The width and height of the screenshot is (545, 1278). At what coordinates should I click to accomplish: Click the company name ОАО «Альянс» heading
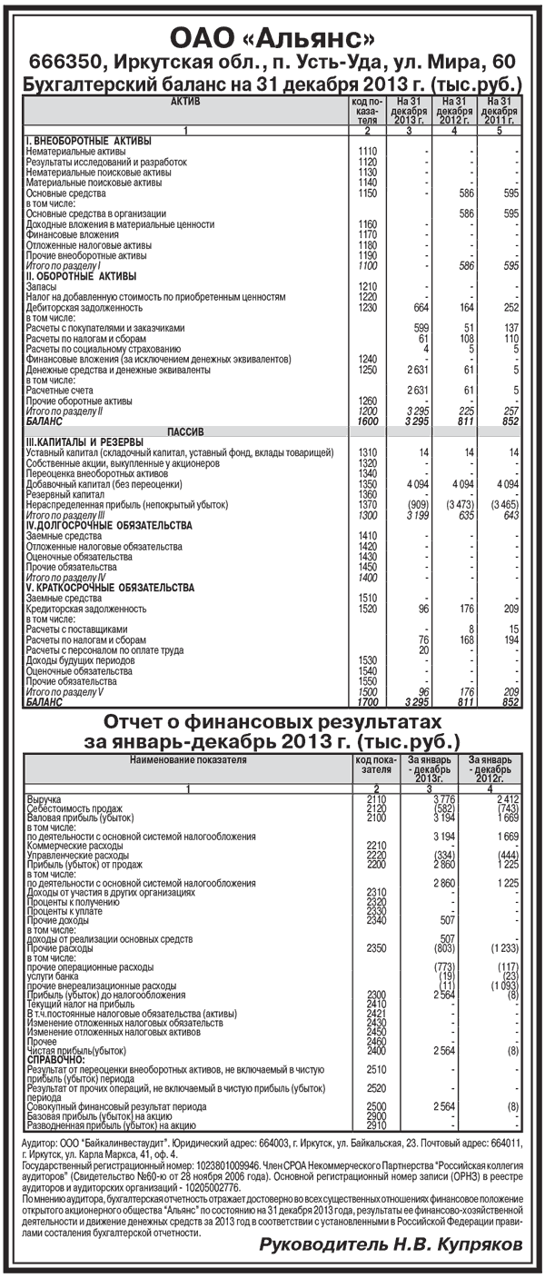(x=272, y=38)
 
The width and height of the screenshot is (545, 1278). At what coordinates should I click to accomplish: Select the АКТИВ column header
(x=185, y=102)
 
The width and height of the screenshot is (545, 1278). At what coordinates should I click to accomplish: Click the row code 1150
(x=367, y=193)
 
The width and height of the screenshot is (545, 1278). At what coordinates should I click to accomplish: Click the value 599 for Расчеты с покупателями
(x=420, y=327)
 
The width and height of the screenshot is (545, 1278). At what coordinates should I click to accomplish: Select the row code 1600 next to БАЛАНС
(x=367, y=421)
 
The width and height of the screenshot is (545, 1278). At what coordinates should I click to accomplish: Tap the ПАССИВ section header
(x=185, y=431)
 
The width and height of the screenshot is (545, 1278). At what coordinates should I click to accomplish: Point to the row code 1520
(x=367, y=608)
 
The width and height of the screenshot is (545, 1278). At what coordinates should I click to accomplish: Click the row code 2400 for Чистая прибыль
(x=369, y=1050)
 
